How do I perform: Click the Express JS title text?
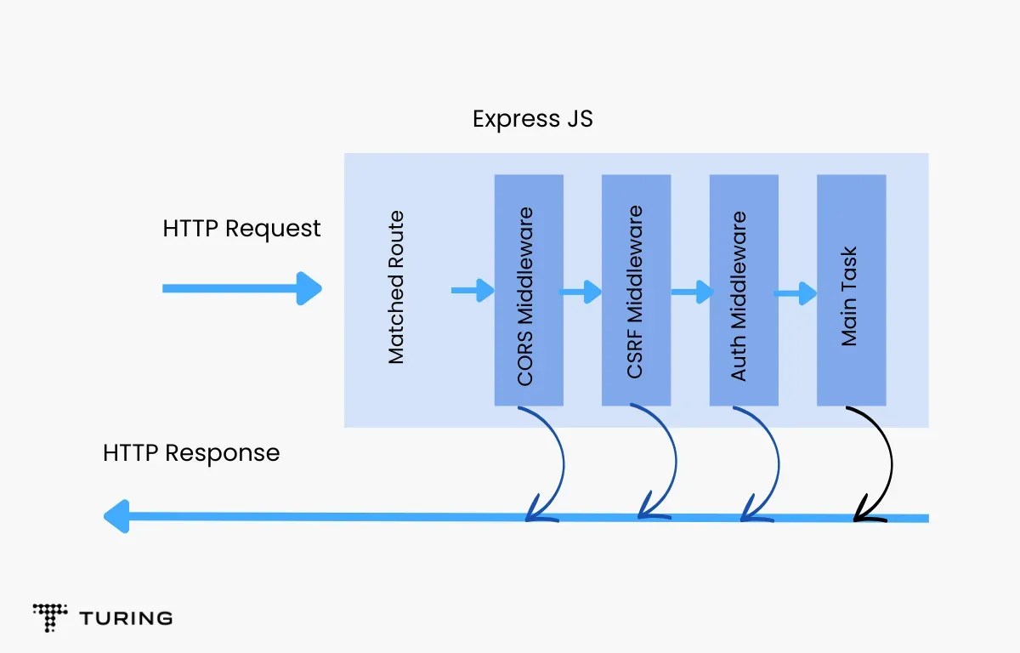coord(532,119)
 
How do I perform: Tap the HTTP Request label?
coord(241,229)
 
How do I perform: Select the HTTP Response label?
coord(191,453)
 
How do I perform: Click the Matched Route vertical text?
coord(396,288)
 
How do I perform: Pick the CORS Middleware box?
coord(529,290)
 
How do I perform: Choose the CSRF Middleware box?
coord(636,290)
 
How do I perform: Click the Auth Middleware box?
coord(744,290)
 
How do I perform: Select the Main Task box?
coord(851,290)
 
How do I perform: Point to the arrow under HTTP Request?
coord(241,288)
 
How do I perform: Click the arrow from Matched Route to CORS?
coord(473,291)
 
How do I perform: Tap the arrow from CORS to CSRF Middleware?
coord(581,292)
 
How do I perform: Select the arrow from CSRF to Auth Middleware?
coord(691,292)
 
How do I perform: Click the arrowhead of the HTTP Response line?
coord(116,516)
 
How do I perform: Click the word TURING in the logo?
coord(126,618)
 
